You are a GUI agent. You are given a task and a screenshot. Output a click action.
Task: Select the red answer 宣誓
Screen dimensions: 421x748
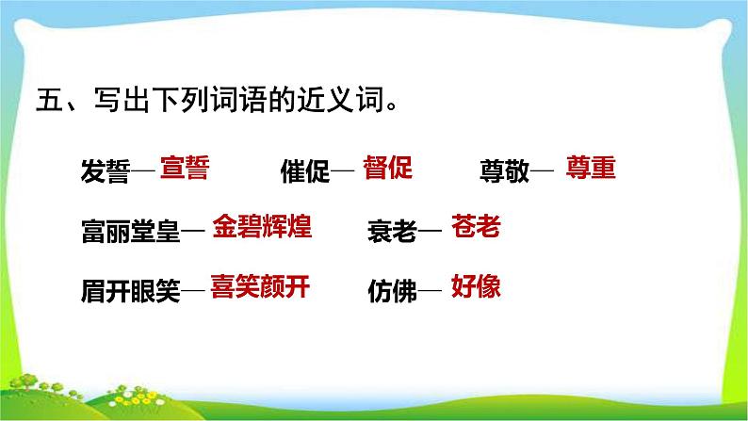coord(184,169)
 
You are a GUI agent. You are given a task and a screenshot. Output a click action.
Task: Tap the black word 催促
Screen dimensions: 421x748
coord(304,172)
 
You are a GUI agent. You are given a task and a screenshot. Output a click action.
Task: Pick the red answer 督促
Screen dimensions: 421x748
coord(388,169)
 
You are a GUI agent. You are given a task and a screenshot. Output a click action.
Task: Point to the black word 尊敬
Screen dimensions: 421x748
coord(504,172)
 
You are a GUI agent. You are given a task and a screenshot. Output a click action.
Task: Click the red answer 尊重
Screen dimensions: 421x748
coord(591,169)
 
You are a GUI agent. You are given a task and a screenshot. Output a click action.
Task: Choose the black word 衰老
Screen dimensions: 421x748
coord(391,231)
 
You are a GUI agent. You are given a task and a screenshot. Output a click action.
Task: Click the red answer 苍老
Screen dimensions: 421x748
coord(476,227)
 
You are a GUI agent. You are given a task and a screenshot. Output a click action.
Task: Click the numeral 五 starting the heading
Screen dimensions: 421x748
coord(45,100)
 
